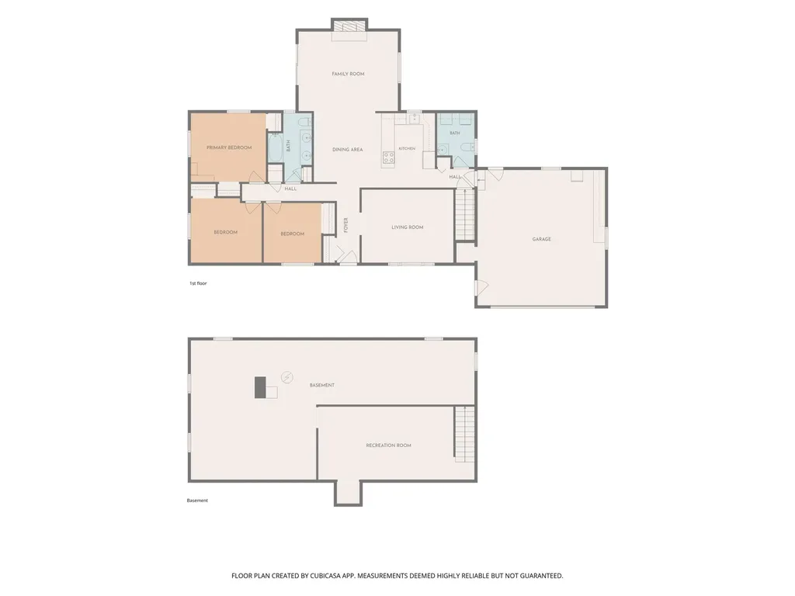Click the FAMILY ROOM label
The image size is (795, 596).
348,74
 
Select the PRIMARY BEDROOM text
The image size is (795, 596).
229,147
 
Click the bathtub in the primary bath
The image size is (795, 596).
276,147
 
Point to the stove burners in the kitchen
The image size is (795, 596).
388,158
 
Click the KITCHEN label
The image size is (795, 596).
407,148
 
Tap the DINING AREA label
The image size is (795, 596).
347,150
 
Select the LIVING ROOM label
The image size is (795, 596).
407,227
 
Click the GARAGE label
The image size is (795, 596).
541,239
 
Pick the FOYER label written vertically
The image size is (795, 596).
345,225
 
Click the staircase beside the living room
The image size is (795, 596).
464,213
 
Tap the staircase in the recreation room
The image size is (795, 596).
464,434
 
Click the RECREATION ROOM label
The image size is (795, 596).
388,445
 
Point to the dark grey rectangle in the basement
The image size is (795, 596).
260,387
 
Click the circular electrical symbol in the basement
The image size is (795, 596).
287,377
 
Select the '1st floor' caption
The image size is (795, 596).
198,283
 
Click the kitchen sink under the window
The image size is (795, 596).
414,118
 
